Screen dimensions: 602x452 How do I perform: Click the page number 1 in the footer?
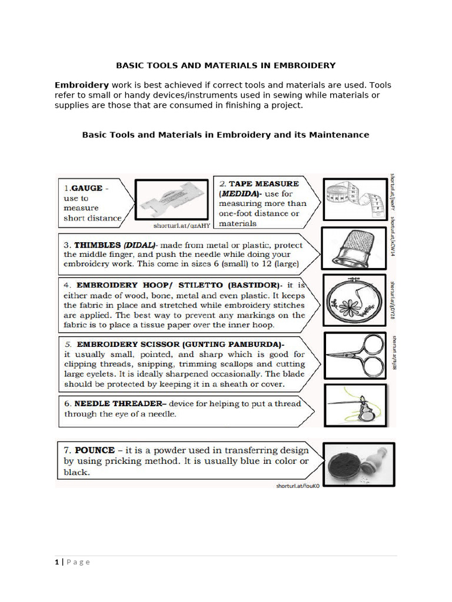pos(57,562)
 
